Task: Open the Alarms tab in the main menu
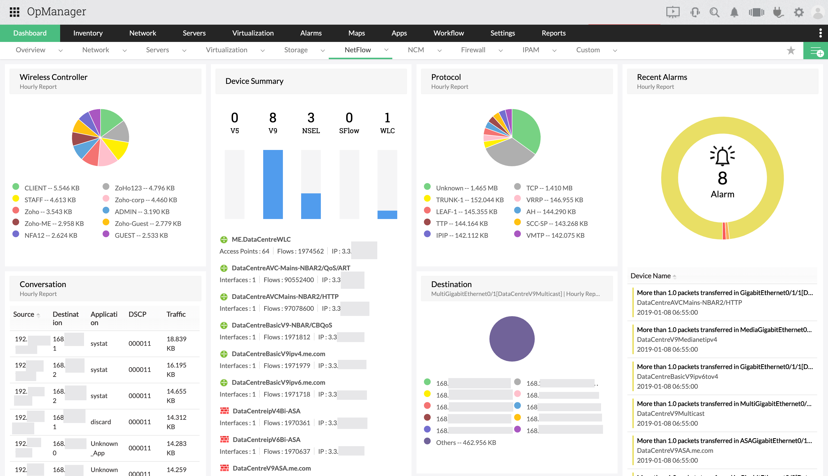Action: (x=310, y=33)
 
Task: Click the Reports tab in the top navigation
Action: (x=553, y=33)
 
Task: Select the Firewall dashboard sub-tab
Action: (x=473, y=50)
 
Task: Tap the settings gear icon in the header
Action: (x=799, y=12)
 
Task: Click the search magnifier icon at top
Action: (x=714, y=12)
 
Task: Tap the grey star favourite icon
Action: (x=791, y=50)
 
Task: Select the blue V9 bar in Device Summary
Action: (x=273, y=184)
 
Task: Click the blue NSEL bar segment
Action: (x=310, y=206)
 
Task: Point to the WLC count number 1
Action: (x=387, y=118)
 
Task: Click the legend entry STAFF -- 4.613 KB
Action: (x=50, y=200)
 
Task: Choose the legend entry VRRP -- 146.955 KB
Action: (x=554, y=200)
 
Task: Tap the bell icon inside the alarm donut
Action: (x=722, y=156)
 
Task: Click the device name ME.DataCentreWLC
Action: (x=261, y=239)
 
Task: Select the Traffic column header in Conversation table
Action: (x=176, y=314)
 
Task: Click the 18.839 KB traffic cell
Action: (x=176, y=343)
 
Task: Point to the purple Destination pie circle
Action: (x=512, y=339)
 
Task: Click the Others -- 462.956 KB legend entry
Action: (x=466, y=442)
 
